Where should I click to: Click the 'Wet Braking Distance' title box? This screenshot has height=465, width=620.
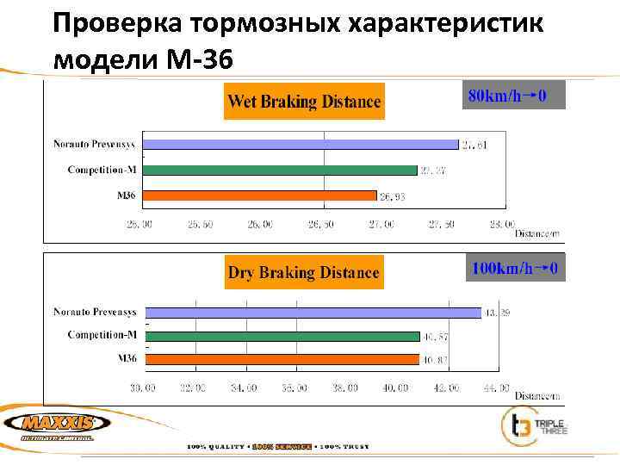click(x=303, y=102)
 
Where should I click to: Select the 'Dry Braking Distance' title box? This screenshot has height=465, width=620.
click(x=303, y=273)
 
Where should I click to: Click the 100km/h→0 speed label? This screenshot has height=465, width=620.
click(x=515, y=269)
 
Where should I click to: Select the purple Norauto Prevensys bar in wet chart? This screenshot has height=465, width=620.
click(x=301, y=145)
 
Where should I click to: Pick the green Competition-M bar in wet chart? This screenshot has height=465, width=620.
click(x=280, y=170)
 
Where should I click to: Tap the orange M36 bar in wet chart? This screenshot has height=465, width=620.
click(x=259, y=195)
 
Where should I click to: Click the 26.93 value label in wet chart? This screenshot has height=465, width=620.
click(x=393, y=197)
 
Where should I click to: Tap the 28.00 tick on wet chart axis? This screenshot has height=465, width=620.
click(x=502, y=224)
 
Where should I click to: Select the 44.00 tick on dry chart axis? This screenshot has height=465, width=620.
click(x=496, y=388)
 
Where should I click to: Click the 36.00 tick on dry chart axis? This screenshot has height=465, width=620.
click(x=294, y=388)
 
